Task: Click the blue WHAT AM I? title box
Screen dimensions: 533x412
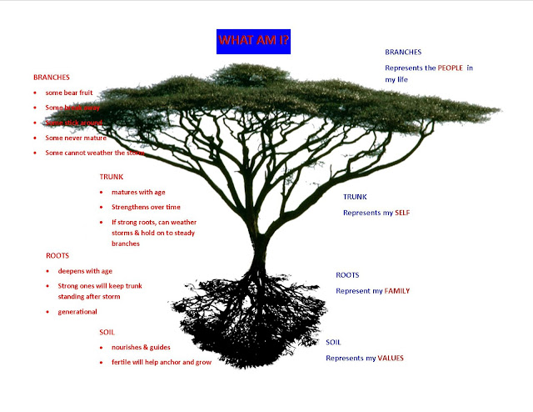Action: [255, 40]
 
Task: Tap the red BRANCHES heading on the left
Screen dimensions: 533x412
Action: [52, 77]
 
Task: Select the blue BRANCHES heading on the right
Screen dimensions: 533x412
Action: [403, 53]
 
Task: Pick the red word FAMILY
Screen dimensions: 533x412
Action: [396, 291]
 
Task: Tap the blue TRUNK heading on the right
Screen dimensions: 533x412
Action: [356, 198]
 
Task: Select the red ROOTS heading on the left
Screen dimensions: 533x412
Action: [57, 256]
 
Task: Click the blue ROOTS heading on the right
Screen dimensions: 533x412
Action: [347, 275]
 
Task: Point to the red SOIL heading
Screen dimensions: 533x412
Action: [107, 332]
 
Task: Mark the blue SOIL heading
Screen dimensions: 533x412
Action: [333, 343]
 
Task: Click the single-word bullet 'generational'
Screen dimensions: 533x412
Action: [77, 311]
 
